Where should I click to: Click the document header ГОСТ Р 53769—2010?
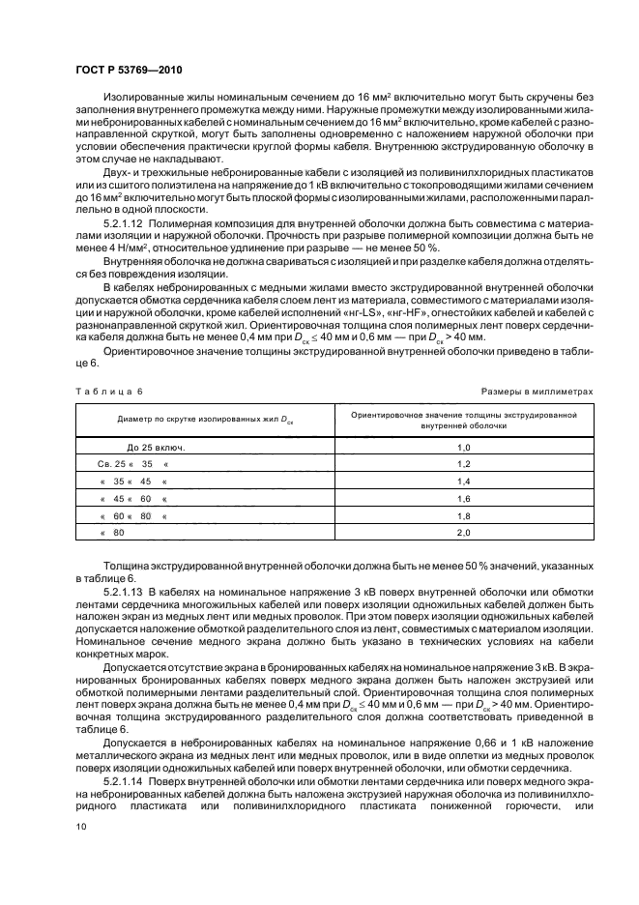(x=128, y=72)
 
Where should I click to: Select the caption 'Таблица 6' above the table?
(x=108, y=391)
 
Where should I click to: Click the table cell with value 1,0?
(x=463, y=448)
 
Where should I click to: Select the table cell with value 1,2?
(x=463, y=464)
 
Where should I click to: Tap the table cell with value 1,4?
(x=463, y=481)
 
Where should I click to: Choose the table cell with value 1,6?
(x=463, y=498)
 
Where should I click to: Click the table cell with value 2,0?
(x=463, y=532)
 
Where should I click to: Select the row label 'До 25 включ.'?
(x=156, y=448)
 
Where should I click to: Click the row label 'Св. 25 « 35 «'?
(x=126, y=464)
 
